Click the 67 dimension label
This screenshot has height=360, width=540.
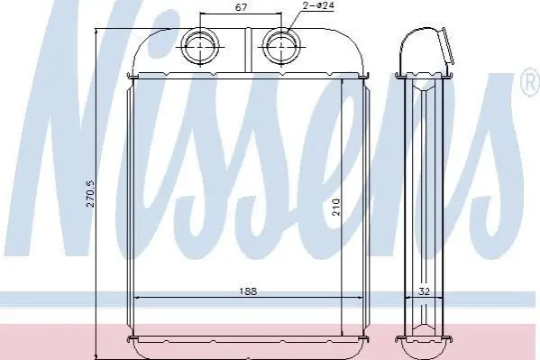(x=241, y=7)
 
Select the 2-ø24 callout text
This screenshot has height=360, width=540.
(x=319, y=5)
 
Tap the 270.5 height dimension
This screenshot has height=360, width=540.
(x=90, y=193)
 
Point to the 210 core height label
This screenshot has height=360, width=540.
(x=336, y=207)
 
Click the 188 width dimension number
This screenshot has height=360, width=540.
(x=248, y=291)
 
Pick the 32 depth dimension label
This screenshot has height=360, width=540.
(x=425, y=291)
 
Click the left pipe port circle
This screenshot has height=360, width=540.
(x=200, y=46)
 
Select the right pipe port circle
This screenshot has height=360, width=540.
(x=281, y=46)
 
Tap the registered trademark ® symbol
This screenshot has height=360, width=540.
(x=531, y=81)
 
